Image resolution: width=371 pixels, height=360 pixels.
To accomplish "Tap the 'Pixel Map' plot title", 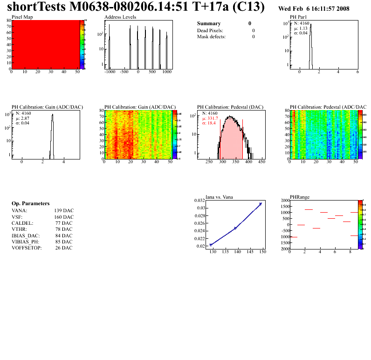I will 22,17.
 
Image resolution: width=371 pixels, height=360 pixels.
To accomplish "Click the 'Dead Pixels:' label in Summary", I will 210,30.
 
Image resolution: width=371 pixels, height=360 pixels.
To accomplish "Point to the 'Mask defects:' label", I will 211,36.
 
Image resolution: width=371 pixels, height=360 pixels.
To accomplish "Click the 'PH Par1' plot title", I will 298,17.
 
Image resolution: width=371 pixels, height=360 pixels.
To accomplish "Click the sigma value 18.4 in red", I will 211,123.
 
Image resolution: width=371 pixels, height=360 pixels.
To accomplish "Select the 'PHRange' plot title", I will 299,197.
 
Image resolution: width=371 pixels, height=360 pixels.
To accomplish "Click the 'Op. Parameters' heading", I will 30,204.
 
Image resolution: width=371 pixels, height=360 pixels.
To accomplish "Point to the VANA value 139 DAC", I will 64,210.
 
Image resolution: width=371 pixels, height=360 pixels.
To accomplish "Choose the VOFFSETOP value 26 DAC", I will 64,248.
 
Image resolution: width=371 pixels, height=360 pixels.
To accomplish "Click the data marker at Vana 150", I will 261,204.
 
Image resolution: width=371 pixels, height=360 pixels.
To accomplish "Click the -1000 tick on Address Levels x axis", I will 110,72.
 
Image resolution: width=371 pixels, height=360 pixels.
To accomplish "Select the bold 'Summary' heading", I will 209,23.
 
